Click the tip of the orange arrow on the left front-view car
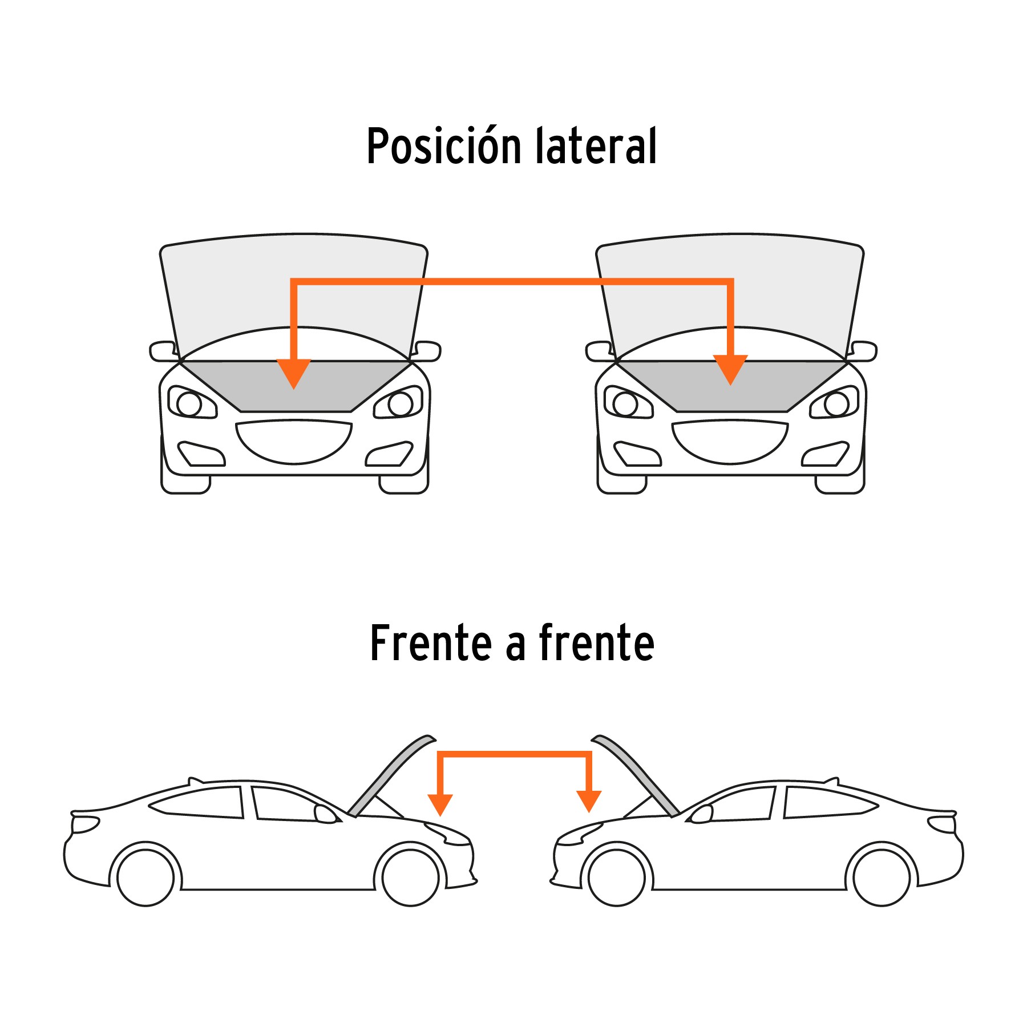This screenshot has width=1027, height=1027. click(x=294, y=389)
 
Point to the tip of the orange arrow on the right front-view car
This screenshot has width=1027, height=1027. click(x=730, y=385)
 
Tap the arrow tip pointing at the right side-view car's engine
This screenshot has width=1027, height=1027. click(x=589, y=812)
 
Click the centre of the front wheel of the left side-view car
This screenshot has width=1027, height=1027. click(x=411, y=878)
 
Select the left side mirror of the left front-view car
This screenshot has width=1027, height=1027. click(x=164, y=351)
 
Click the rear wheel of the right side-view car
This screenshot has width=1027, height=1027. click(x=882, y=878)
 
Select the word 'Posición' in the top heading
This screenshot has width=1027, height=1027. click(x=444, y=146)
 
